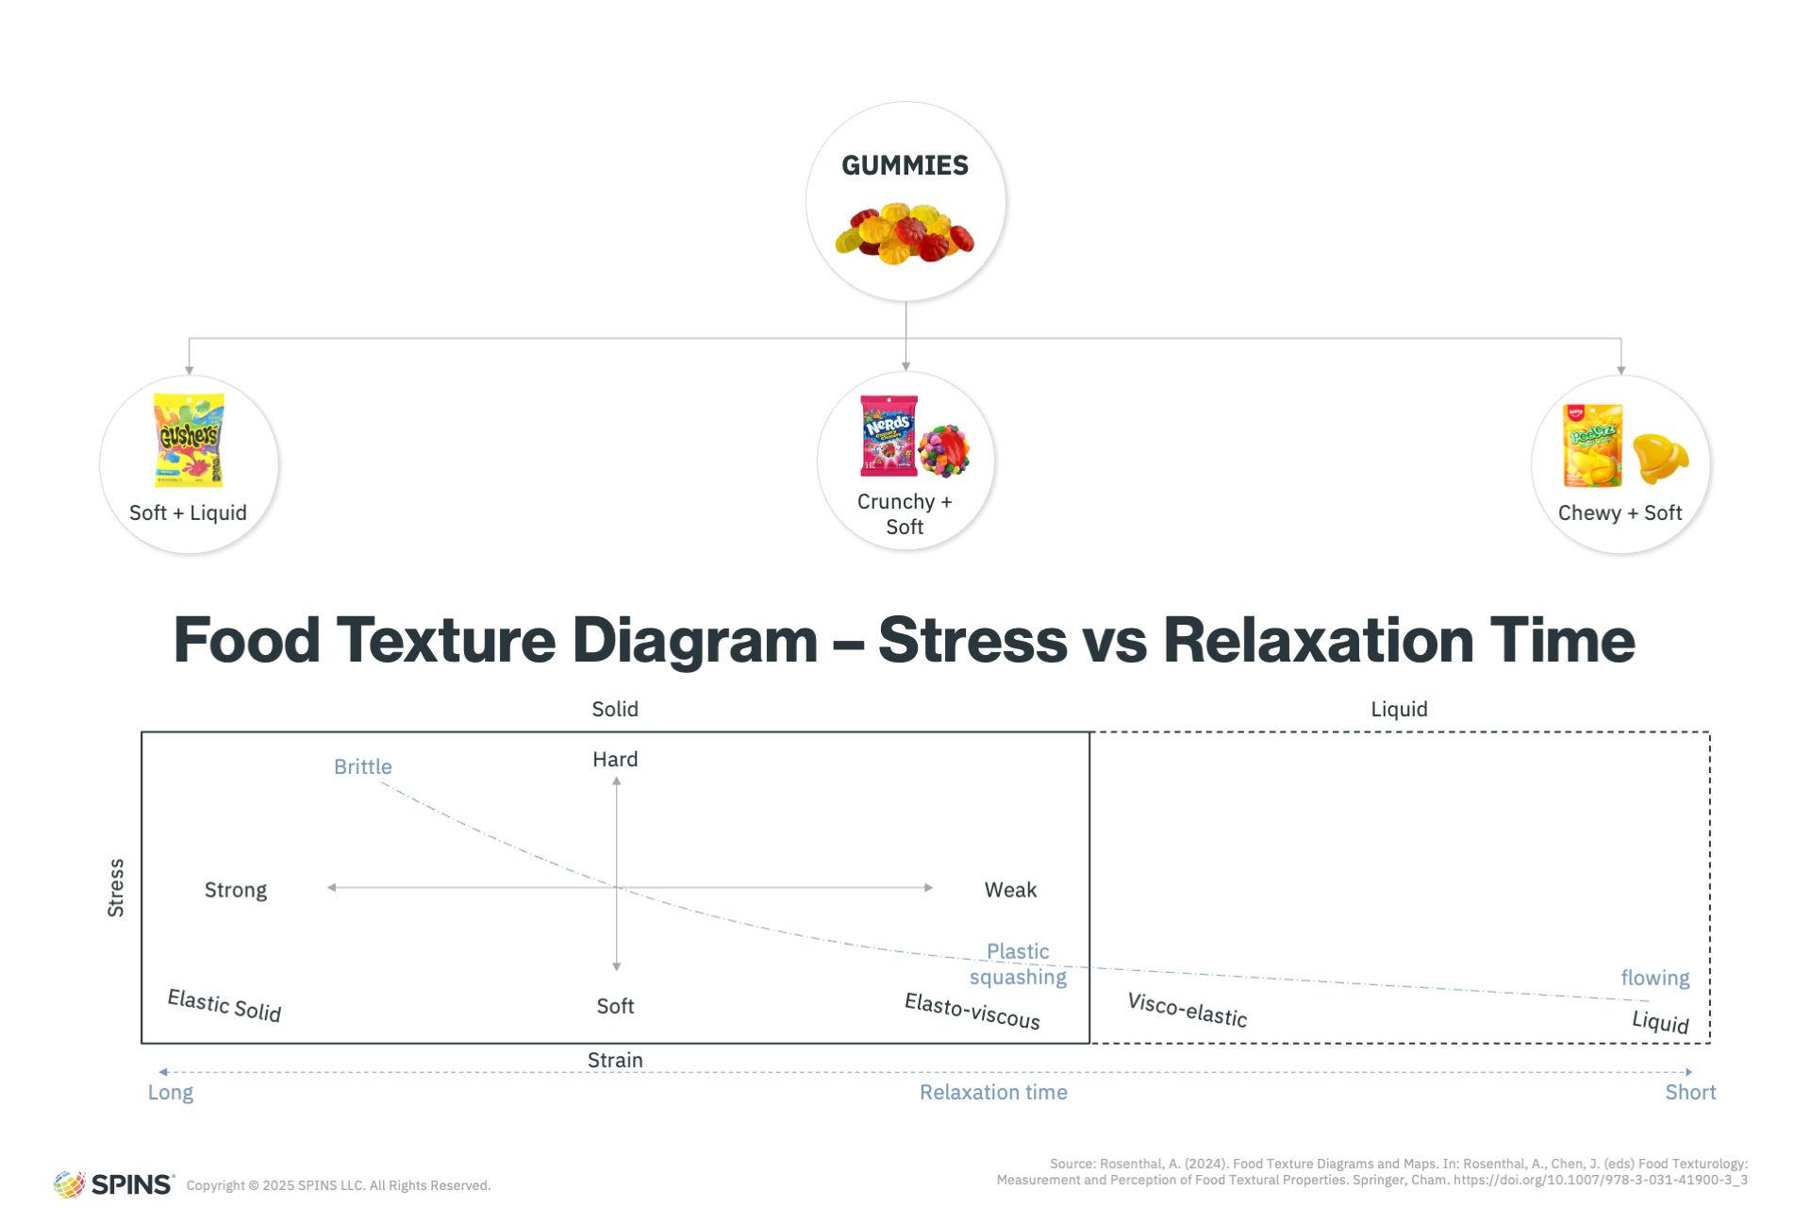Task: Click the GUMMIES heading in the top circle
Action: click(x=905, y=165)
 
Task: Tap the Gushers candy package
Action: click(x=189, y=440)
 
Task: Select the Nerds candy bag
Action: click(x=889, y=435)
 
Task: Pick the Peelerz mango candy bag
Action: click(x=1592, y=445)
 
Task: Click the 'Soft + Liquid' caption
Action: click(x=188, y=512)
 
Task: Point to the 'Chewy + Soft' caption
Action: click(x=1620, y=512)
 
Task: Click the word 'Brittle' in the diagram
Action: click(x=362, y=766)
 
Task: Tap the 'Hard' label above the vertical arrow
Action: click(x=615, y=759)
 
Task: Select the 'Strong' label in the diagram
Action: click(x=236, y=890)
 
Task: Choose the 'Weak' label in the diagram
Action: click(x=1010, y=890)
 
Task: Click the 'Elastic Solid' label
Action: click(x=224, y=1005)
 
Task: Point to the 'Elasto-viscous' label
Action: click(x=972, y=1011)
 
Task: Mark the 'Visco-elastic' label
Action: click(x=1188, y=1010)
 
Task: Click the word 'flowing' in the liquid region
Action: click(x=1655, y=978)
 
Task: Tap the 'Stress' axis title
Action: click(x=115, y=888)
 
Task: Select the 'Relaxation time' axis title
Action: click(x=993, y=1092)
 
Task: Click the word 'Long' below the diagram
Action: click(x=171, y=1093)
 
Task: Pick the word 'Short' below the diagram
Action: click(x=1690, y=1092)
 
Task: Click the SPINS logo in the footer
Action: click(x=114, y=1184)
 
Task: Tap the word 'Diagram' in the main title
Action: click(x=695, y=641)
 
